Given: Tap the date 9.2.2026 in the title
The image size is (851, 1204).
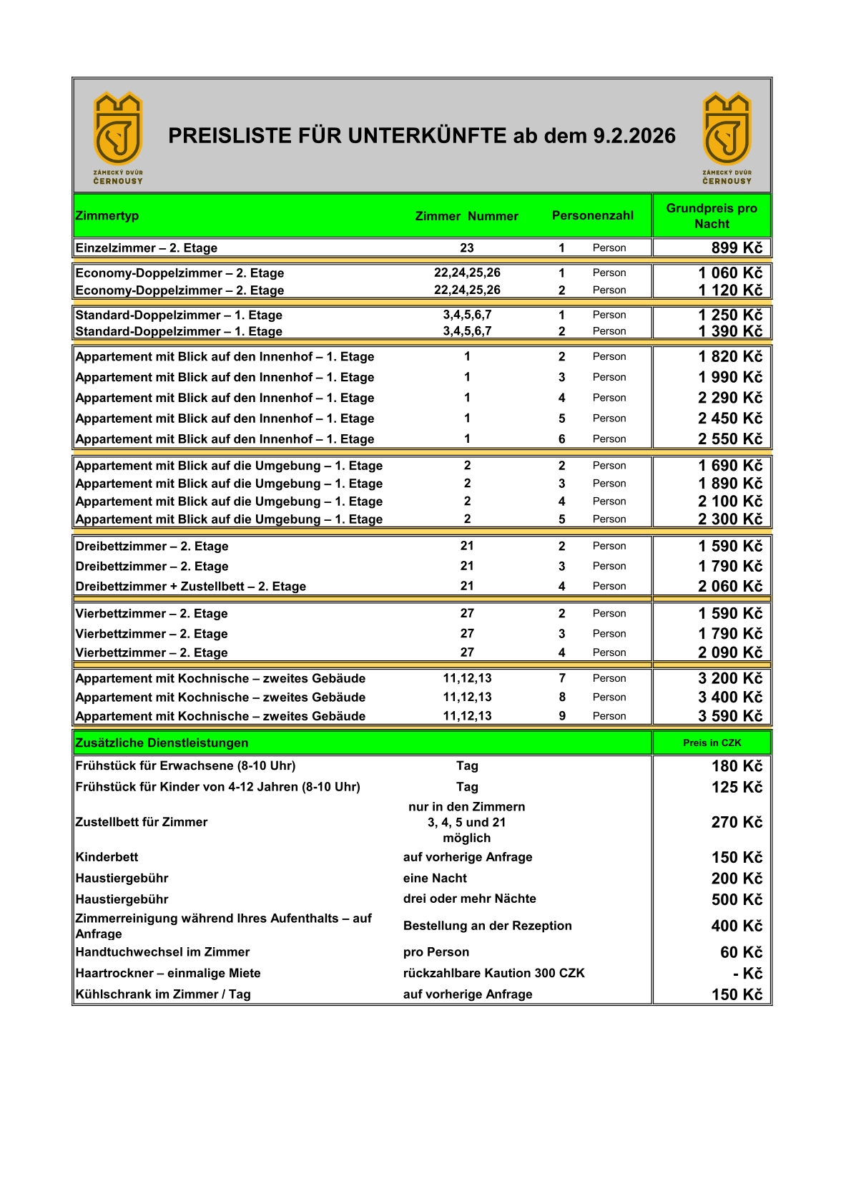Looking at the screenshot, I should point(634,136).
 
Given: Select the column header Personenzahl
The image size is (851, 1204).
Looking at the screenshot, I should point(592,215).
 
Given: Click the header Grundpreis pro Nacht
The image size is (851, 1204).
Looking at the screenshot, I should point(712,215).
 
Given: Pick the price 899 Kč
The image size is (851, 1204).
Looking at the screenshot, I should point(737,248).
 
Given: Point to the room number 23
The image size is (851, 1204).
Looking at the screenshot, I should point(467,248).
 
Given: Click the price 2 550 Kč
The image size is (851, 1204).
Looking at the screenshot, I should point(730,439).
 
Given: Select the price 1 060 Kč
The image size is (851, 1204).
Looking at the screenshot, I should point(730,273).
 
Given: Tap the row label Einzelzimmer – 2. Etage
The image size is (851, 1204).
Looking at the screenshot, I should point(147,248).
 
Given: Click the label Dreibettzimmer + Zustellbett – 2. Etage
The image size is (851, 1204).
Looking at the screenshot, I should point(191,586).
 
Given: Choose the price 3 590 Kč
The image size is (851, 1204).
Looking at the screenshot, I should point(730,715).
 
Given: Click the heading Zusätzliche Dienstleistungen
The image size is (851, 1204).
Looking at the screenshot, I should point(162,743).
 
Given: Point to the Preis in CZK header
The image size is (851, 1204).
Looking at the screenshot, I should point(712,743).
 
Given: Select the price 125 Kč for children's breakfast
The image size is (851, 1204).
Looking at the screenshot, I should point(737,787).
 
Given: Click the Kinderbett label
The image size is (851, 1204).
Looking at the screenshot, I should point(107,857).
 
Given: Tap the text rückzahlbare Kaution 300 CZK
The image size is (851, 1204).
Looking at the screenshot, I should point(493,973).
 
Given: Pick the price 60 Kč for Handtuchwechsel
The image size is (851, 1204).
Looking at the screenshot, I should point(741,952).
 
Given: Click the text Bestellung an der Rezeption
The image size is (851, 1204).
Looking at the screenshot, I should point(487,926).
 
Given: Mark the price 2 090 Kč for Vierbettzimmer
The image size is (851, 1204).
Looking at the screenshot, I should point(730,652).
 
